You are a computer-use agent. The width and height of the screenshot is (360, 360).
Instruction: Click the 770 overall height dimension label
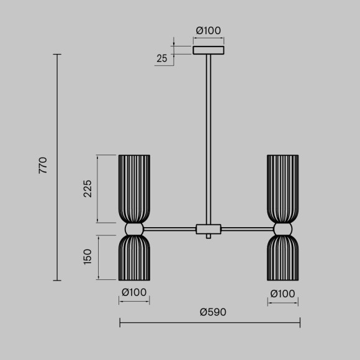43,166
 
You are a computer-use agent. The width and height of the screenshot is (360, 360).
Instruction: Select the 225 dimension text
88,189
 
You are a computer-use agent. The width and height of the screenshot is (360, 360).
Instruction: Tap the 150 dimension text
88,256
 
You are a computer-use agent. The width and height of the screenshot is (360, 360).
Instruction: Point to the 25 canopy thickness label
162,59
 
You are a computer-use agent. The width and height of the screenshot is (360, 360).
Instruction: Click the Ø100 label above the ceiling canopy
209,30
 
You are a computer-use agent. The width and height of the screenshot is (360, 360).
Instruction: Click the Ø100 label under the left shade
134,292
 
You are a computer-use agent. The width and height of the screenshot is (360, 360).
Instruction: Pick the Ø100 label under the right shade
282,292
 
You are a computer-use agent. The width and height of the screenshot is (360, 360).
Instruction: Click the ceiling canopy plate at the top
209,50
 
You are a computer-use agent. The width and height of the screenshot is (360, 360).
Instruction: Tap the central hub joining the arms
209,229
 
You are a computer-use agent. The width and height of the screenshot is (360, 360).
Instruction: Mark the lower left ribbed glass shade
134,258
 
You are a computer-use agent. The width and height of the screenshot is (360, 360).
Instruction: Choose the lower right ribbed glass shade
282,258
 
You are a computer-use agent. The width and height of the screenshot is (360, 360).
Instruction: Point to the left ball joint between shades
134,230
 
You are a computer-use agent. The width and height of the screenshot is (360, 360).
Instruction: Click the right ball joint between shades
282,230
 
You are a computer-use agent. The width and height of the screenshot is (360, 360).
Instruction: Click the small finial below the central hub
209,237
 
